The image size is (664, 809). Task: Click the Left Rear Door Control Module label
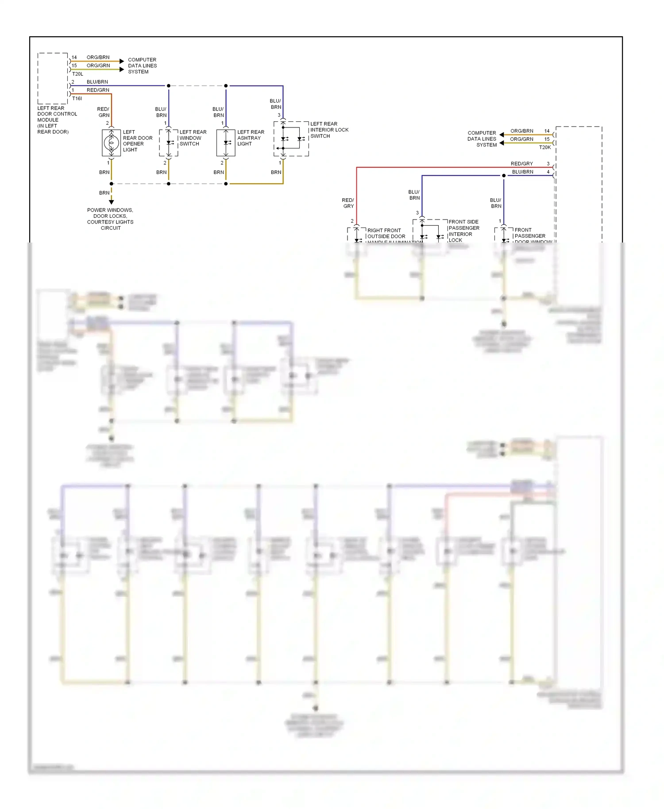tap(57, 120)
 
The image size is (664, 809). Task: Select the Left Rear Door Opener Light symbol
tap(111, 143)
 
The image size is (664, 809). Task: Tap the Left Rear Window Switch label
tap(193, 138)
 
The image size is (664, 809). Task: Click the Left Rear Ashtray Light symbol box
tap(226, 143)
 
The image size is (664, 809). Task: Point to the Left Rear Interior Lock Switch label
tap(329, 130)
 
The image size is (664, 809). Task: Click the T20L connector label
tap(77, 74)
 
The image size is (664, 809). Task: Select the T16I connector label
tap(77, 98)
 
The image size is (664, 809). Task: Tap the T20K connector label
tap(545, 147)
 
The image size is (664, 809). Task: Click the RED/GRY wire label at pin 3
tap(522, 164)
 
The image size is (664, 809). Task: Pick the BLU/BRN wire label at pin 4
tap(522, 172)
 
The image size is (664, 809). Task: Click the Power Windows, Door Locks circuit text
tap(110, 219)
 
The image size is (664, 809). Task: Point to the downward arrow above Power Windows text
tap(112, 202)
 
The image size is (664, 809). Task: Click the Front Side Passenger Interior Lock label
tap(463, 231)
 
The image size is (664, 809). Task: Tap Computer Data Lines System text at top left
tap(142, 65)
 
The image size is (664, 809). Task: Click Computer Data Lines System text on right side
tap(482, 139)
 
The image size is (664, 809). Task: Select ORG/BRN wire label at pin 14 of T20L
tap(98, 58)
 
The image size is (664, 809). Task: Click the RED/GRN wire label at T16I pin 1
tap(98, 90)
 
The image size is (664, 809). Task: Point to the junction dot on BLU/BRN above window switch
tap(169, 86)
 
